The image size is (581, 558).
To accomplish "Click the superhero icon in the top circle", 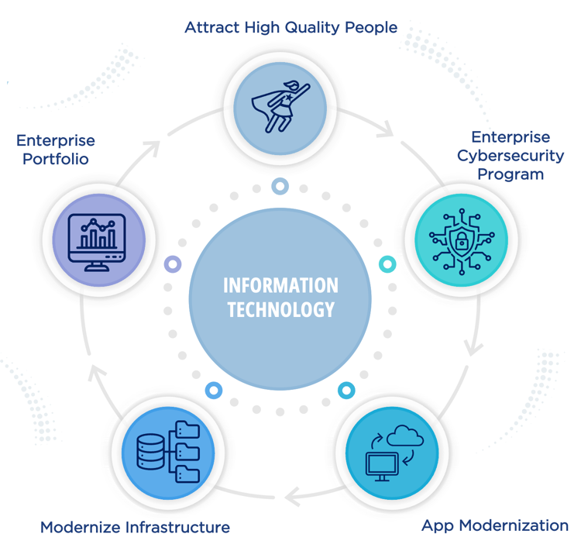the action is (280, 106).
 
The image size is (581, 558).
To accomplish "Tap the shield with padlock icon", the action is (462, 241).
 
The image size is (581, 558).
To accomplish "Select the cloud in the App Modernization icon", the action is (405, 436).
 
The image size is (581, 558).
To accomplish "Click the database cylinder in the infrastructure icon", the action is (150, 452).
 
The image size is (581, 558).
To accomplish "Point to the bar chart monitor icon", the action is (97, 243).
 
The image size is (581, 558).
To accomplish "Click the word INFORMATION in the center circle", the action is (280, 285).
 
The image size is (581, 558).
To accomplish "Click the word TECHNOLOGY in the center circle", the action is (281, 309).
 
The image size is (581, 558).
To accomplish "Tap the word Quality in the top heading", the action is (312, 28).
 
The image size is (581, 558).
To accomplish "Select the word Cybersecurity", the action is (511, 157).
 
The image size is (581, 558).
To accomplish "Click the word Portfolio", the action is (56, 159).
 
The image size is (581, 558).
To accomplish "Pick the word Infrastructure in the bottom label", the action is (177, 527).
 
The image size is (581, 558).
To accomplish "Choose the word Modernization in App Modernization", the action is (514, 525).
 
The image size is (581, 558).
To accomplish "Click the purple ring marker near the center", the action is (173, 265).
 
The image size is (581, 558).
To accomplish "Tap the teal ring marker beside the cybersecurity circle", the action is (387, 264).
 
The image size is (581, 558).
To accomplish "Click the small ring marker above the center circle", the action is (280, 186).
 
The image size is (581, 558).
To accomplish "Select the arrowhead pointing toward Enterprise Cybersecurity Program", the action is (387, 129).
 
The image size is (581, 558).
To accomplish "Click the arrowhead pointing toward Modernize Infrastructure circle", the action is (293, 497).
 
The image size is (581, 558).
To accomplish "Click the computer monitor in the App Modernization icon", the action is (382, 466).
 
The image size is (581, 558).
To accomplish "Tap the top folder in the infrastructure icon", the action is (187, 430).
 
